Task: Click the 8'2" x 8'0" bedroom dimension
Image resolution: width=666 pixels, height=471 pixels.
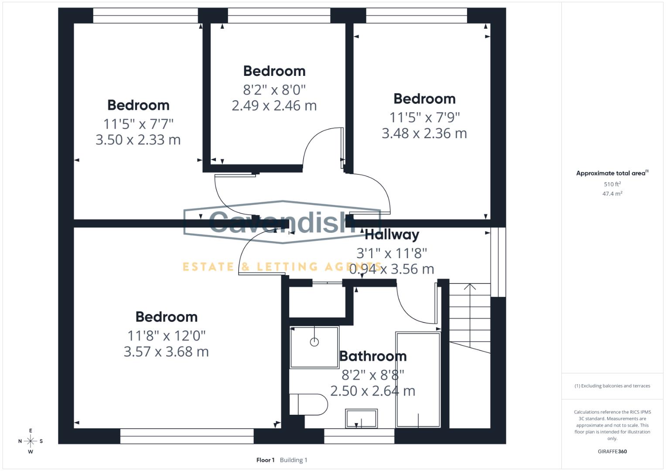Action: tap(274, 90)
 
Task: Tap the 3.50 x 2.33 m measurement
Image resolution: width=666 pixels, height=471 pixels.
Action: tap(138, 140)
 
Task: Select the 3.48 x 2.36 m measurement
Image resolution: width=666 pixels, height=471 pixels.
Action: tap(424, 133)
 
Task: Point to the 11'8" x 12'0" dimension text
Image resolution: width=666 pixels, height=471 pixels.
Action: tap(166, 336)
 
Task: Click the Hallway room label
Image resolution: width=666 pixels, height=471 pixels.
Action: tap(392, 235)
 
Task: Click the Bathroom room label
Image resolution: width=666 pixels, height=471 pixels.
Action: tap(373, 356)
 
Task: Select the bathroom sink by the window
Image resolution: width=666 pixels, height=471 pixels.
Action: tap(361, 419)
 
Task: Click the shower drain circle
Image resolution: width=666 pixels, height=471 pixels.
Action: tap(314, 342)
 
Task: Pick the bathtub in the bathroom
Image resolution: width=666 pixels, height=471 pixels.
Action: tap(418, 380)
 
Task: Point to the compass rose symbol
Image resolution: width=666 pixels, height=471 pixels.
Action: tap(31, 441)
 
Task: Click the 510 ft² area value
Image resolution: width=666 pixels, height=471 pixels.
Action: tap(612, 184)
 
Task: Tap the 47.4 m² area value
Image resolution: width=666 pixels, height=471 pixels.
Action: tap(612, 194)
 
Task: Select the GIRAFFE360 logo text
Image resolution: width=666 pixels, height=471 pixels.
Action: tap(612, 451)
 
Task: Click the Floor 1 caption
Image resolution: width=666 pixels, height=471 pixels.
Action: tap(266, 460)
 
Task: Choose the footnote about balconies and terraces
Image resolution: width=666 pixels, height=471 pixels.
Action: tap(612, 386)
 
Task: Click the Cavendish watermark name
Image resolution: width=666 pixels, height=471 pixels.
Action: tap(283, 222)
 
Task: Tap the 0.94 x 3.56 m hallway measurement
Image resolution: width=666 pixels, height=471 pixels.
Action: tap(392, 269)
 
